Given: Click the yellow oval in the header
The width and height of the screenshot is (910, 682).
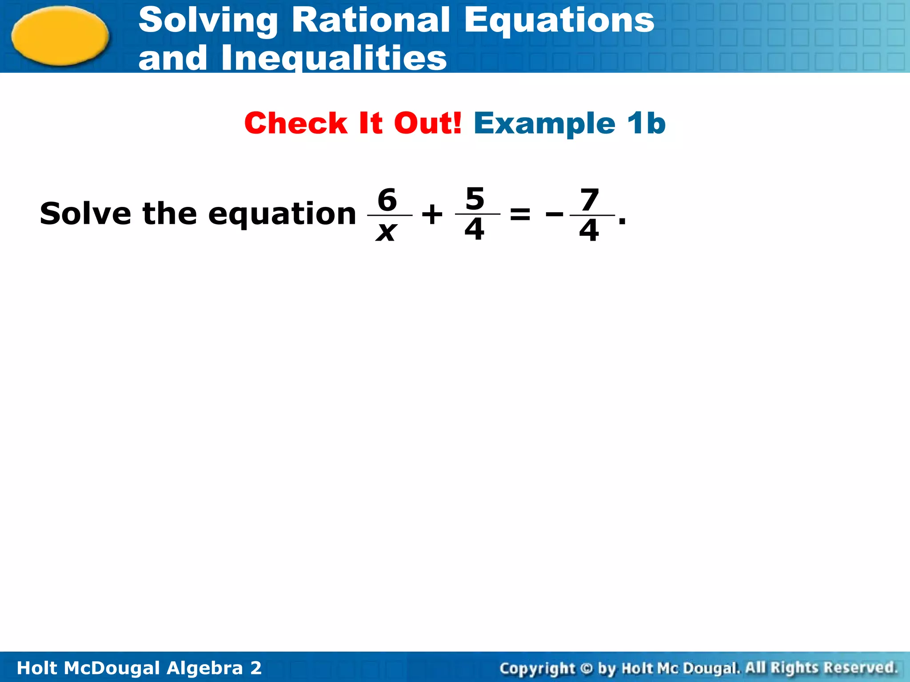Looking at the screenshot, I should click(x=60, y=36).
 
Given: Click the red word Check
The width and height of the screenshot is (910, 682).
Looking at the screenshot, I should click(x=295, y=123).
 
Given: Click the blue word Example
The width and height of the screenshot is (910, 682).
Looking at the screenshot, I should click(x=545, y=124).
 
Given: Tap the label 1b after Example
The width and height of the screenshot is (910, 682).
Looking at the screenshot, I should click(x=647, y=123).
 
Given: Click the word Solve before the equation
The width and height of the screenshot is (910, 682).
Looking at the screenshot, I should click(x=85, y=214).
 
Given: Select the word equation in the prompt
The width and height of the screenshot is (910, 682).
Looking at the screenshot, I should click(x=282, y=214).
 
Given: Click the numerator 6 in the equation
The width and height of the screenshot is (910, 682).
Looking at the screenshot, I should click(x=387, y=199).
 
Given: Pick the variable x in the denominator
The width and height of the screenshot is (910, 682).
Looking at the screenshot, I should click(x=386, y=231).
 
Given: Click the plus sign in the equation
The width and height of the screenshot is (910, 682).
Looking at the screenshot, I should click(x=432, y=215).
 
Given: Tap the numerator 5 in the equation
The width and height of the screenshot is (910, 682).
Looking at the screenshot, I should click(x=475, y=198).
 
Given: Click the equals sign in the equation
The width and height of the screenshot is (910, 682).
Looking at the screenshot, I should click(x=520, y=214).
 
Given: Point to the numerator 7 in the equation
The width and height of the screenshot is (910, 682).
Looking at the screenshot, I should click(x=590, y=200).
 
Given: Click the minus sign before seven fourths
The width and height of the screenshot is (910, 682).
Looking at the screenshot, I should click(x=554, y=215).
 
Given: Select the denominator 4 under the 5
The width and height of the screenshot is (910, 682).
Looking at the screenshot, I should click(x=475, y=230).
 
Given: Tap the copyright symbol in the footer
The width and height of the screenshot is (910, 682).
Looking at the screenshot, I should click(x=587, y=668).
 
